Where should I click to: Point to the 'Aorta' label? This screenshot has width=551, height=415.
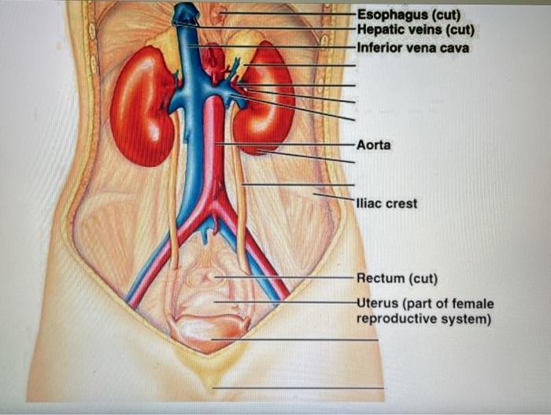coord(374,145)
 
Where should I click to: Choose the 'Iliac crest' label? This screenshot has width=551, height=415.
coord(386,203)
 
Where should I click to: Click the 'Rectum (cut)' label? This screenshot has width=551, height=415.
coord(397,279)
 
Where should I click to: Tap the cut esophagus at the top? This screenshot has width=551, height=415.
coord(223,14)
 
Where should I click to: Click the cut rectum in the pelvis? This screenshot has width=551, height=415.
coord(206,277)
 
